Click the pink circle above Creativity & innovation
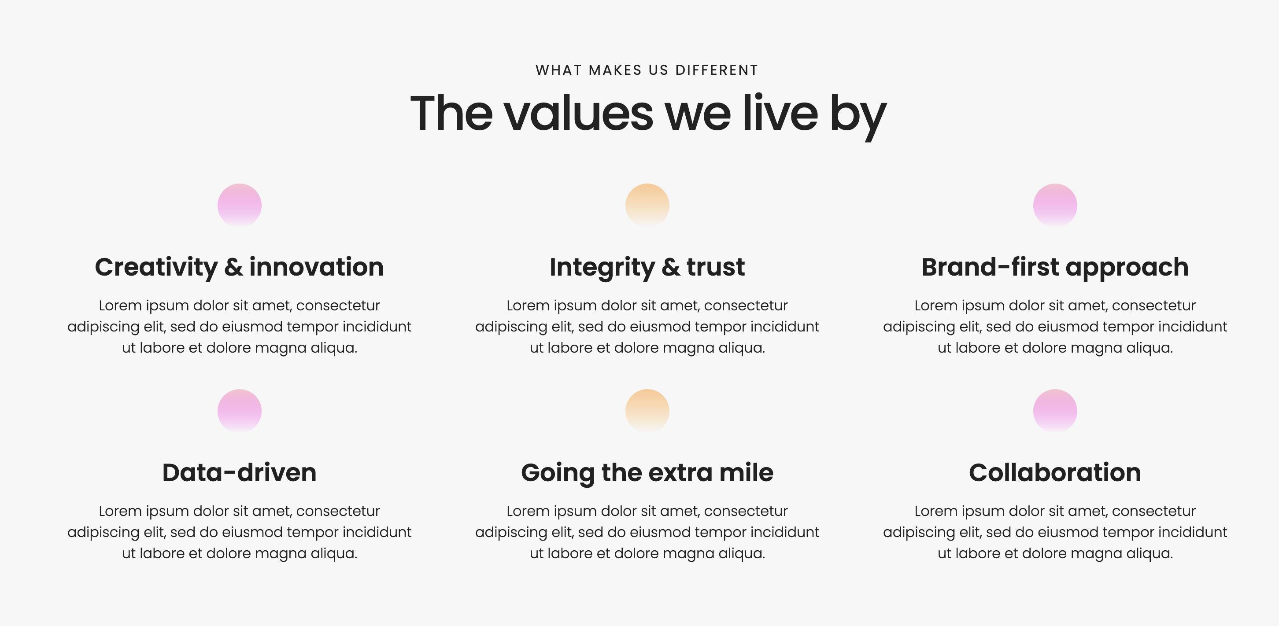click(x=239, y=206)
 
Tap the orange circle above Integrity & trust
click(x=647, y=206)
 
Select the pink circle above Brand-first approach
click(x=1055, y=206)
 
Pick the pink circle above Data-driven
click(x=239, y=411)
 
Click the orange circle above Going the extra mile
click(x=647, y=411)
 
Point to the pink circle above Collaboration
click(x=1055, y=411)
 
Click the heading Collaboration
click(x=1055, y=473)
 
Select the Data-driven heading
click(x=239, y=473)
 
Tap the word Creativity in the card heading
click(x=156, y=268)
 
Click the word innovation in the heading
click(x=316, y=267)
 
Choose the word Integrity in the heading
click(x=602, y=268)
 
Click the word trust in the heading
click(x=715, y=267)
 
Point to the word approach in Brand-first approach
click(x=1127, y=268)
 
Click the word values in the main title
click(x=578, y=113)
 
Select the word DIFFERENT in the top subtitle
click(x=717, y=70)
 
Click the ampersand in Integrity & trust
click(x=671, y=267)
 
